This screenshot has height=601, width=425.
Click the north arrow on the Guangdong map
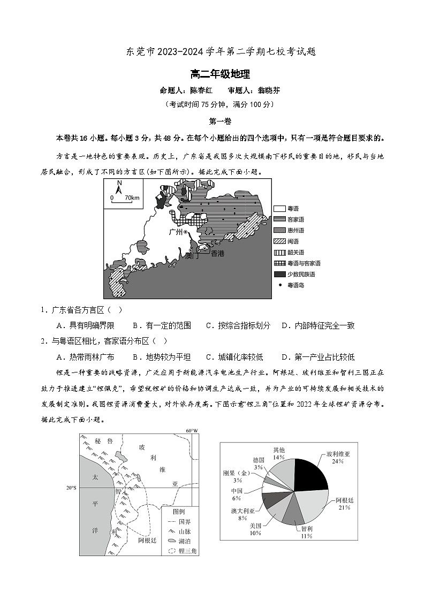119,187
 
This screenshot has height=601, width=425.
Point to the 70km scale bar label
132,198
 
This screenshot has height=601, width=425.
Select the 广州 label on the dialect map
175,232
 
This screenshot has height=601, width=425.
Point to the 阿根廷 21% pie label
343,504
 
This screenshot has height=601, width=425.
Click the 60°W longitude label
191,431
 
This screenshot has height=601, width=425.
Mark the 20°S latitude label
71,488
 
